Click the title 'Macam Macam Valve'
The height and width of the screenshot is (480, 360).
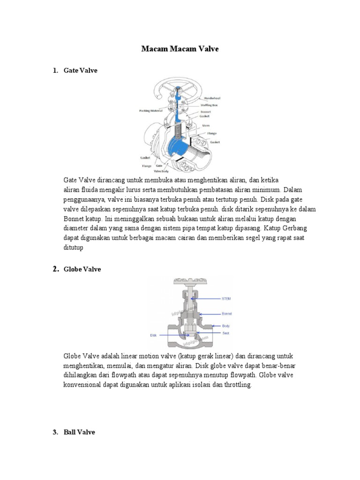click(x=180, y=49)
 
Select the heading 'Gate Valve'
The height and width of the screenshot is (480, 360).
click(x=80, y=70)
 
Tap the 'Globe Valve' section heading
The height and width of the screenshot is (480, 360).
click(x=82, y=269)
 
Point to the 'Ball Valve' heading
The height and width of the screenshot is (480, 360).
click(x=79, y=432)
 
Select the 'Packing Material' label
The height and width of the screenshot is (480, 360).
click(x=151, y=111)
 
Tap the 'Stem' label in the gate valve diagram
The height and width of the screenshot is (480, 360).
click(x=206, y=126)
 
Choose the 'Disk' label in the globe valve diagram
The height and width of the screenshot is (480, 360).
click(x=153, y=335)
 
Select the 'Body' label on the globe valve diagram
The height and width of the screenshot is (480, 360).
click(x=225, y=325)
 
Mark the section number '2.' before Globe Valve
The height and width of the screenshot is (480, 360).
click(x=55, y=269)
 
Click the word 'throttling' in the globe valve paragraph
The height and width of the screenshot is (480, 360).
click(x=237, y=385)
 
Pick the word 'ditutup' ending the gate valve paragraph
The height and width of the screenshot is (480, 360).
click(x=73, y=248)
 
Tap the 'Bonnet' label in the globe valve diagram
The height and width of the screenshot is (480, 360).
click(x=227, y=314)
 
